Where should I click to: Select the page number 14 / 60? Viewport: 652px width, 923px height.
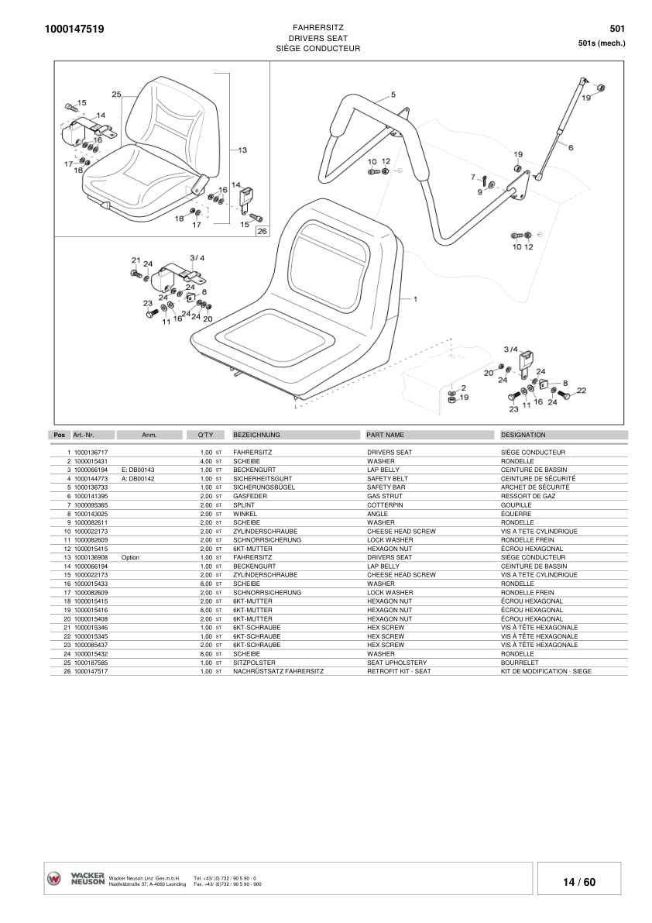579,882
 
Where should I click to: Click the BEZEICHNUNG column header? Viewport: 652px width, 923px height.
256,435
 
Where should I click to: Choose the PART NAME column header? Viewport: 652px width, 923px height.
385,435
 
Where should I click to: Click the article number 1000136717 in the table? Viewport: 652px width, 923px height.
91,452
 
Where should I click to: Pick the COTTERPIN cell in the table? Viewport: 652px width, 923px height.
384,505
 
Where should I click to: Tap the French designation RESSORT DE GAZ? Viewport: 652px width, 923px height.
528,495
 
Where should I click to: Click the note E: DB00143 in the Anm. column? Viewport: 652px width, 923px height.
138,470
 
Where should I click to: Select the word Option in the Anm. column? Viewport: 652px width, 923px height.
130,557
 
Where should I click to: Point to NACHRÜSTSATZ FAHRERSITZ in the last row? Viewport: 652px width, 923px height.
278,671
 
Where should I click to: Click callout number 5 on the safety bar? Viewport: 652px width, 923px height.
393,95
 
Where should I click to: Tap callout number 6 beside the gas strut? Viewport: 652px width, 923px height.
571,147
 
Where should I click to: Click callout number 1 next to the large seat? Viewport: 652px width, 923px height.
415,298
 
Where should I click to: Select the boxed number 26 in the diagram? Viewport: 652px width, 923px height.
261,231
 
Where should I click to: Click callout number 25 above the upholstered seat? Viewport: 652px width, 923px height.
117,95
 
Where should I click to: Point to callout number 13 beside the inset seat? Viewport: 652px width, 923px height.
242,150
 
